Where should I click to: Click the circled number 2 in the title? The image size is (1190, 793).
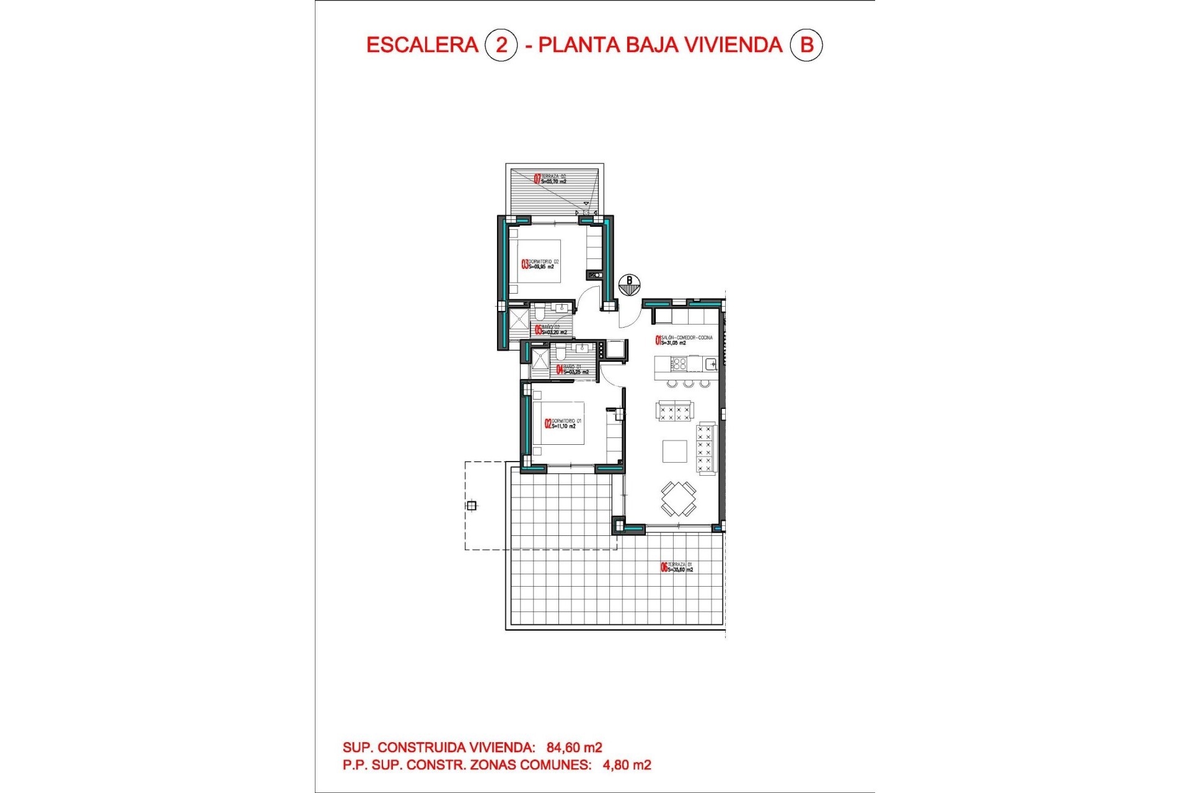(501, 45)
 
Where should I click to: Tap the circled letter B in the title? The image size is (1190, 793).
(806, 45)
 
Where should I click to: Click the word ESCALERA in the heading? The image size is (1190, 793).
(422, 45)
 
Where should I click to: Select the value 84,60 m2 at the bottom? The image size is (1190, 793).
(574, 748)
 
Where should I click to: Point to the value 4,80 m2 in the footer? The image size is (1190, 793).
(627, 765)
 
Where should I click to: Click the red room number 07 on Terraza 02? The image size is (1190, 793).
(537, 179)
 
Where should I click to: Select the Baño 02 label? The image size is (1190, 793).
(550, 330)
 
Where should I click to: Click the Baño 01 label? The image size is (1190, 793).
(574, 370)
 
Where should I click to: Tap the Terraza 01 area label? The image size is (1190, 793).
(679, 567)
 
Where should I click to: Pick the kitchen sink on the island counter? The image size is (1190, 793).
(710, 364)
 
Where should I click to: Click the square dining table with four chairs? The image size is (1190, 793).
(678, 499)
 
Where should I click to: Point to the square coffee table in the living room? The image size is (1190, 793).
(674, 451)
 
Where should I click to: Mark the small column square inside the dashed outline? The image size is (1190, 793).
(472, 506)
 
